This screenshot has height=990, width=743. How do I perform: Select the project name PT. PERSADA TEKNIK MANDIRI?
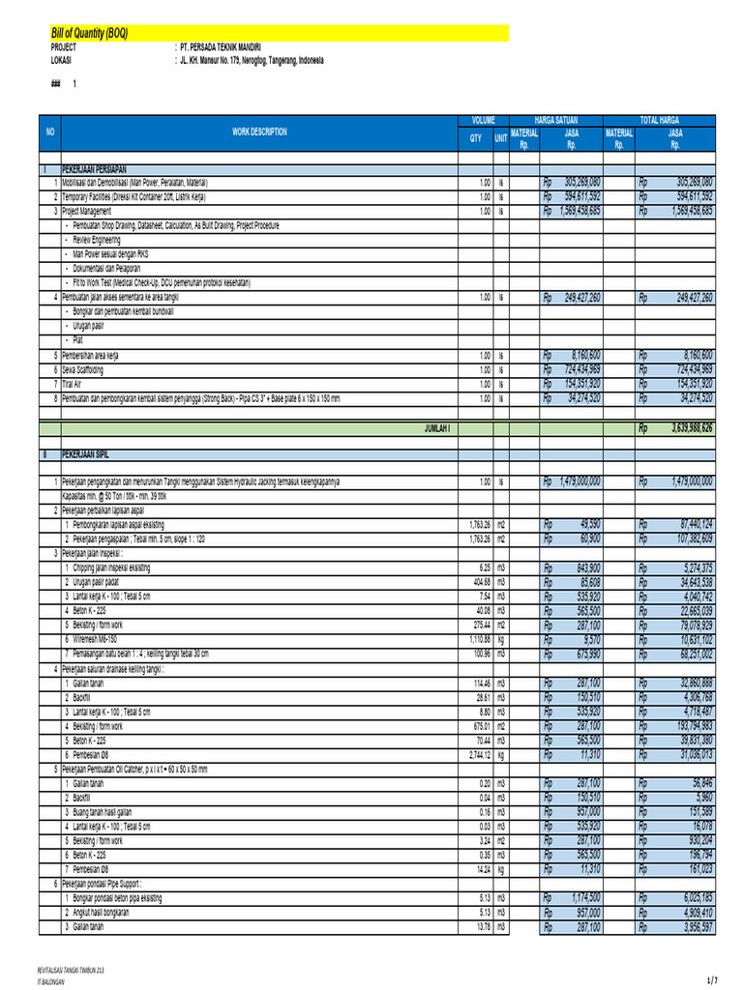point(220,46)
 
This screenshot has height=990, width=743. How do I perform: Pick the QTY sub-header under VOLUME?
point(475,138)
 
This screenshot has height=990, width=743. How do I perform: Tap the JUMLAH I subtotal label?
point(438,426)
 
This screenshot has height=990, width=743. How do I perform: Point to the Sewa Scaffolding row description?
point(82,369)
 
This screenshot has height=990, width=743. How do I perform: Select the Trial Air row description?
point(72,384)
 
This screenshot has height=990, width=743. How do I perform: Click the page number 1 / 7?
point(713,980)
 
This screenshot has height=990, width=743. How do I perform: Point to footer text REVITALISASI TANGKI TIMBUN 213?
point(70,969)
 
